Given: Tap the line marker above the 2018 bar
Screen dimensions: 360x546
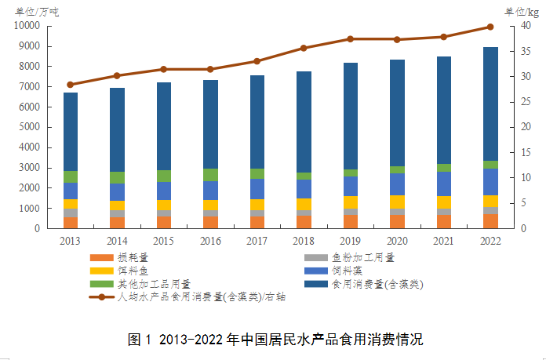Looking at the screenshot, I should (x=304, y=48).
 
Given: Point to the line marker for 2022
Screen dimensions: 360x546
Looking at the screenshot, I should (x=490, y=27).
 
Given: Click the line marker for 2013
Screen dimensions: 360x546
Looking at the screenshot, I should (x=71, y=85).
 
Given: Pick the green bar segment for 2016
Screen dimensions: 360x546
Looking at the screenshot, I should (x=210, y=175).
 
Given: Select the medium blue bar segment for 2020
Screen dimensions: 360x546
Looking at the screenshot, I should (x=397, y=184).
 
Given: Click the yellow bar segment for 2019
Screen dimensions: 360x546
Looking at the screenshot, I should (x=351, y=202).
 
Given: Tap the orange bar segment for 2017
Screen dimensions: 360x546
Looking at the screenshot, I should (x=257, y=222).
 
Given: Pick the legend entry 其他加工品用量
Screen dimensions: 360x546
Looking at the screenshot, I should (x=149, y=283).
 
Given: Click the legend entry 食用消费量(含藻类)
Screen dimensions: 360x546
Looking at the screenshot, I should (x=377, y=283).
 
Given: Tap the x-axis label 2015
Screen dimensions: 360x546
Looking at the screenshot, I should (x=164, y=241).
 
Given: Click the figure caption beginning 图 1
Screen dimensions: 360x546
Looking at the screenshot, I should (x=274, y=340).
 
